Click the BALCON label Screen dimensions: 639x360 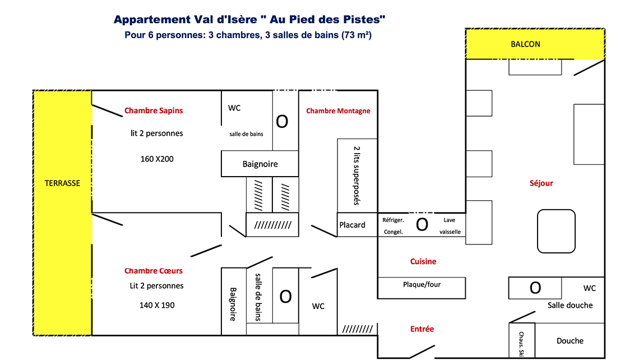pyautogui.click(x=525, y=44)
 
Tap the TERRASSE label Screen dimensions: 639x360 pyautogui.click(x=62, y=183)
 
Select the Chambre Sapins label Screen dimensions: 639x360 pyautogui.click(x=154, y=110)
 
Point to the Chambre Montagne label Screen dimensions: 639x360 pyautogui.click(x=338, y=111)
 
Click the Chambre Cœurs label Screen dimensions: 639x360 pyautogui.click(x=154, y=271)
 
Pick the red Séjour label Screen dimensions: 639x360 pyautogui.click(x=541, y=183)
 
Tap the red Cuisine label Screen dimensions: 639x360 pyautogui.click(x=423, y=261)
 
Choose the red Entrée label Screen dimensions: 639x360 pyautogui.click(x=422, y=329)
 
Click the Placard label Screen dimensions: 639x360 pyautogui.click(x=353, y=225)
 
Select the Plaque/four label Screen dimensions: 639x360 pyautogui.click(x=422, y=284)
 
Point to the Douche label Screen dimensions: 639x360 pyautogui.click(x=570, y=341)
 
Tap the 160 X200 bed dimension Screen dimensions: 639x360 pyautogui.click(x=157, y=159)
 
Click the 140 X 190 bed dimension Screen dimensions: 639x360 pyautogui.click(x=157, y=306)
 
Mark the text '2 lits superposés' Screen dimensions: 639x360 pyautogui.click(x=357, y=176)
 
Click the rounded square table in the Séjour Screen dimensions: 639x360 pyautogui.click(x=556, y=231)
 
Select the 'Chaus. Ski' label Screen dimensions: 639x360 pyautogui.click(x=522, y=344)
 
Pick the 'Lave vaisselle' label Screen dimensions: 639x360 pyautogui.click(x=450, y=226)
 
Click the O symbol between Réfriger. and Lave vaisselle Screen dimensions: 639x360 pyautogui.click(x=422, y=225)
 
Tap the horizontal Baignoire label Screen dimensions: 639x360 pyautogui.click(x=260, y=164)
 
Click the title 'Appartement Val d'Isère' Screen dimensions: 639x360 pyautogui.click(x=186, y=19)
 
